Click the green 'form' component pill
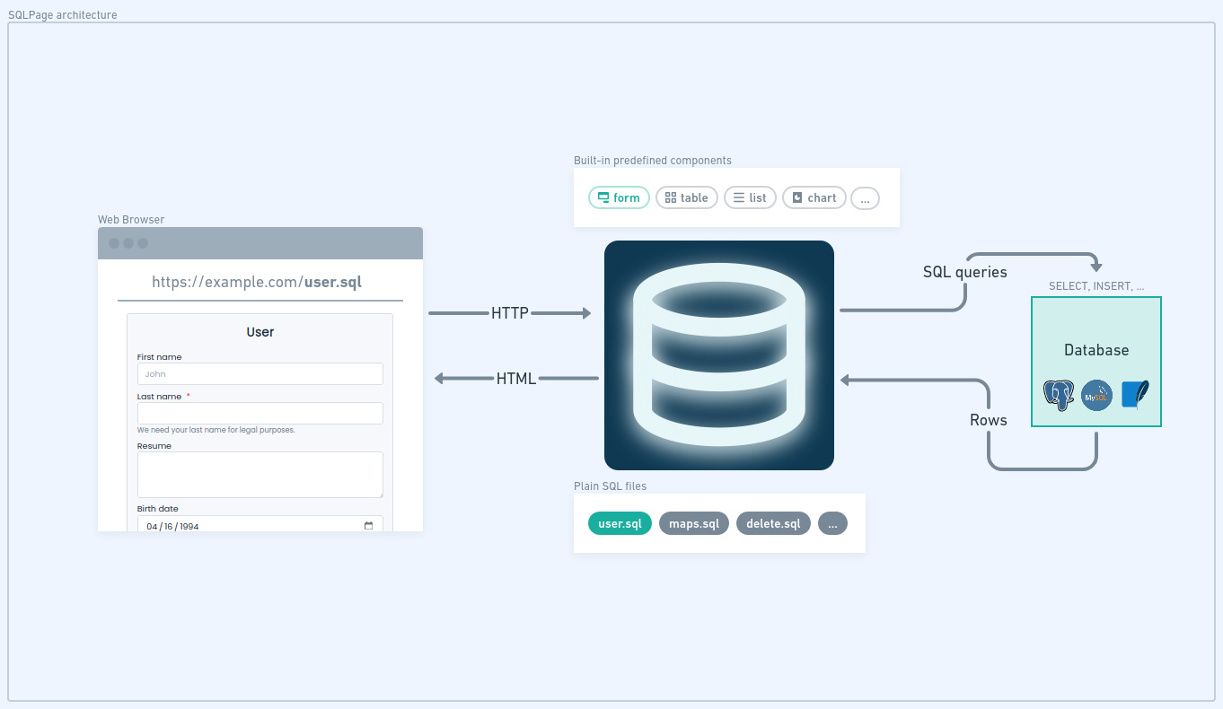coord(619,197)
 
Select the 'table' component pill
coord(686,197)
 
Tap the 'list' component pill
coord(750,197)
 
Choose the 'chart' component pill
coord(814,197)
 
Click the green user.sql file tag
coord(620,523)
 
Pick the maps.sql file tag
coord(694,523)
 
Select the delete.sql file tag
coord(773,523)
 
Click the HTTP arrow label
coord(510,312)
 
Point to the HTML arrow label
coord(516,378)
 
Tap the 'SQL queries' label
coord(964,272)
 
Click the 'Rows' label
coord(989,420)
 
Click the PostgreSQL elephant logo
coord(1058,395)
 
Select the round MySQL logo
coord(1096,395)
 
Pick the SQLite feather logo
coord(1135,395)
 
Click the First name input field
coord(260,374)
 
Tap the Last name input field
coord(260,413)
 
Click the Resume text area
coord(260,474)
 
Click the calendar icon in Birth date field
coord(368,526)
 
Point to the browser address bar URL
coord(257,282)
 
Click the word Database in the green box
coord(1096,350)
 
